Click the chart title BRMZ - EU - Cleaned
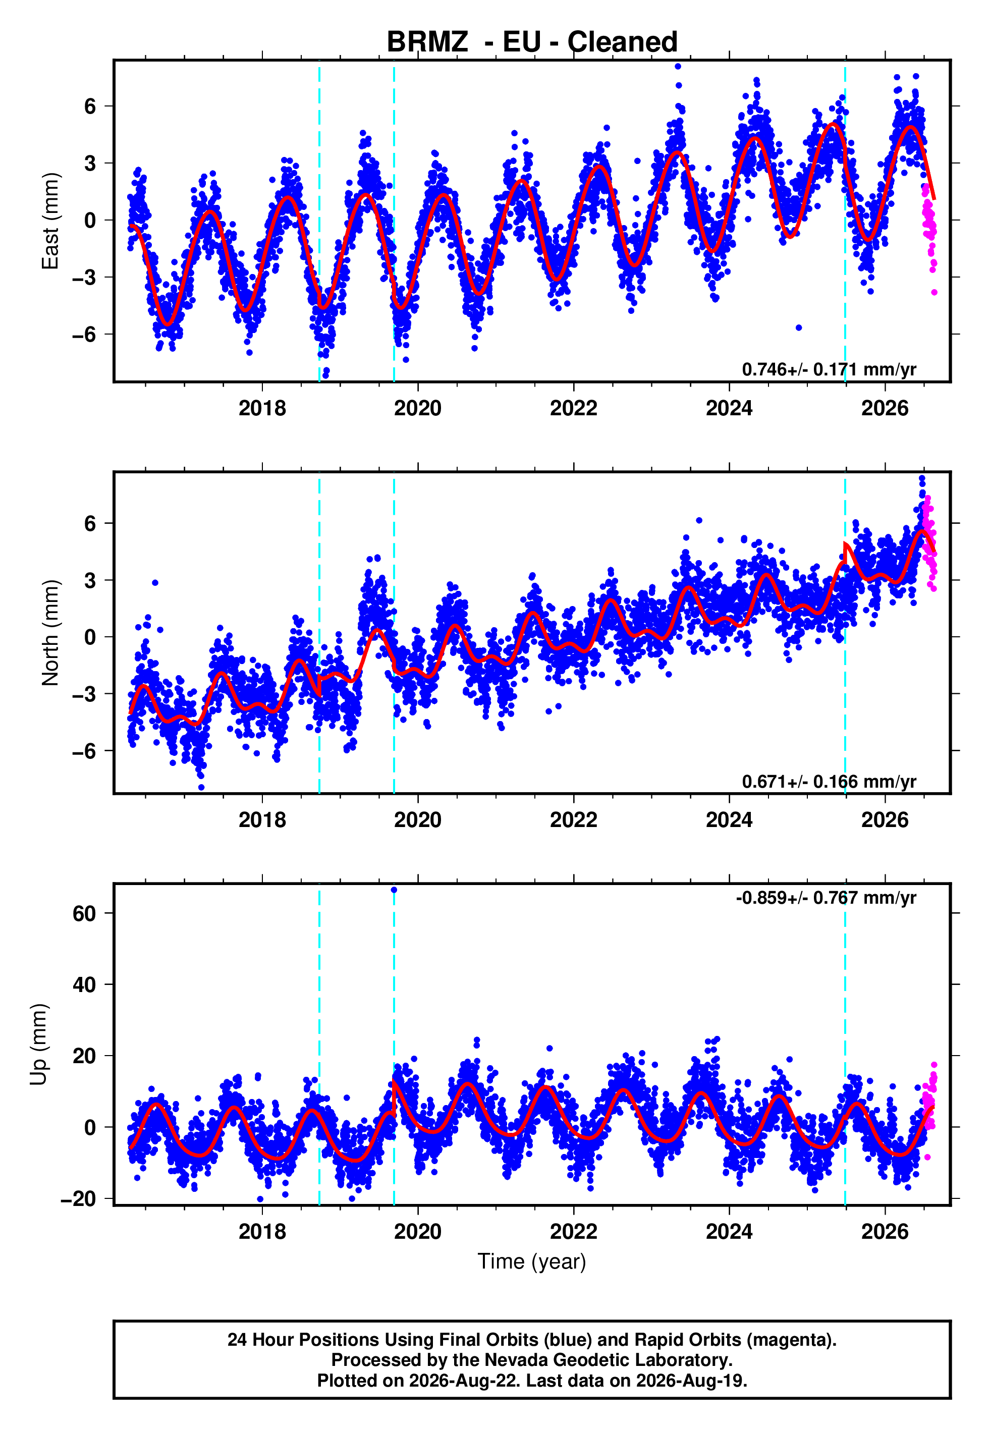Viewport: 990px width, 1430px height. pos(532,42)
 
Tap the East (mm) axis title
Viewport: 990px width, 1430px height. pos(49,221)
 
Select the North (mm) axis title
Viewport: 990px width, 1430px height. pos(49,633)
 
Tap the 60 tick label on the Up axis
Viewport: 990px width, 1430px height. pos(84,913)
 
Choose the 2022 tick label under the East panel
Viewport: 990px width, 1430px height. pos(573,408)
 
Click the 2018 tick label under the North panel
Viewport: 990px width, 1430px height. pos(262,820)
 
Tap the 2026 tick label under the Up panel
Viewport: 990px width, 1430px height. pos(885,1232)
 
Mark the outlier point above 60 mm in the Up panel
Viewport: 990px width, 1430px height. pos(394,890)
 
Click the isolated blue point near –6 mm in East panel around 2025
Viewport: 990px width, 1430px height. pos(799,327)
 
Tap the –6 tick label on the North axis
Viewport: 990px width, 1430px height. pos(84,751)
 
